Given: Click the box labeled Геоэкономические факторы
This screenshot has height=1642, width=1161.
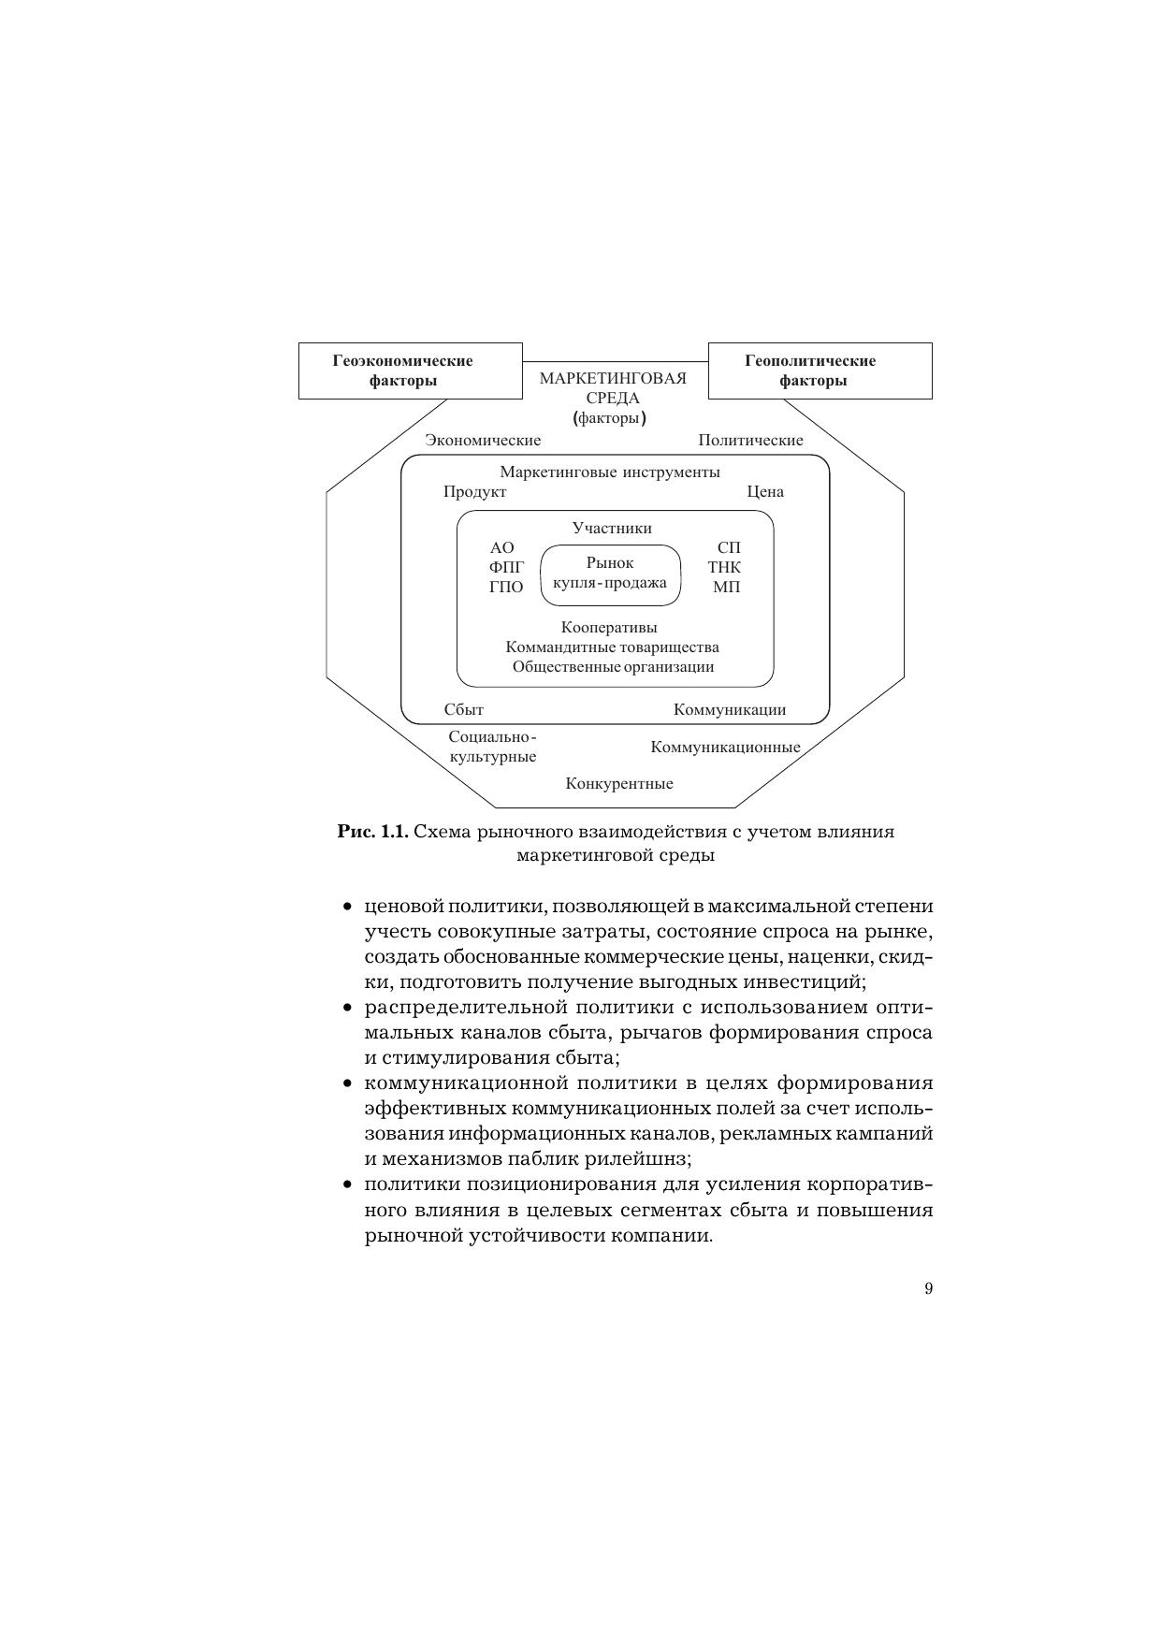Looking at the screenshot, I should (410, 371).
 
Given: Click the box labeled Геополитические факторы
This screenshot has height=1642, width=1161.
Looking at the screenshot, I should (820, 371).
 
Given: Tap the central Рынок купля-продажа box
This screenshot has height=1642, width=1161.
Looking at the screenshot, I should (610, 574).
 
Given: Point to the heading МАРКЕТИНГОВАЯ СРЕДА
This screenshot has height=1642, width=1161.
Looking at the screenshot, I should (613, 388).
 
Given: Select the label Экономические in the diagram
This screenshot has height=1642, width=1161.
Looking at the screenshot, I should (483, 440).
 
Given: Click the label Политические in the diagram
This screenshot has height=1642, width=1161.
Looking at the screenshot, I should (750, 440).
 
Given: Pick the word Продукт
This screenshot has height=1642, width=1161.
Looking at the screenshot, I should (474, 492).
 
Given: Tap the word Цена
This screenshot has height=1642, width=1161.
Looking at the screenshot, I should (764, 492).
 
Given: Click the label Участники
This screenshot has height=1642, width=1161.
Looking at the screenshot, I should (612, 528).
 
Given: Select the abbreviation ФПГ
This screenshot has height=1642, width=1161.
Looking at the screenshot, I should (506, 567).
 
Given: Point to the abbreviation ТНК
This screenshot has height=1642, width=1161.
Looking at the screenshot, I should (724, 567).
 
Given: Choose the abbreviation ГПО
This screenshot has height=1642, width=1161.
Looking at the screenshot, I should (506, 588).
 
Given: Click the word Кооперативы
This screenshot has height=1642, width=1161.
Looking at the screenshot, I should (609, 627).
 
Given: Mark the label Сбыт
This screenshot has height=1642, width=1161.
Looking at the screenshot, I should (463, 710).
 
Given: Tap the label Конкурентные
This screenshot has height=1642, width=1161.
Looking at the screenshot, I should (618, 783).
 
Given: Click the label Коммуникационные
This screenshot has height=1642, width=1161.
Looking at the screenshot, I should (725, 747).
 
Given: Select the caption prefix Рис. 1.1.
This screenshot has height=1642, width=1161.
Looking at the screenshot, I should (372, 832).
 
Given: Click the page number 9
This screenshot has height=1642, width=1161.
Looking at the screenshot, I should (928, 1288).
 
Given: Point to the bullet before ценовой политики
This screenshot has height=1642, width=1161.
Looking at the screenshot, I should (347, 907).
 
